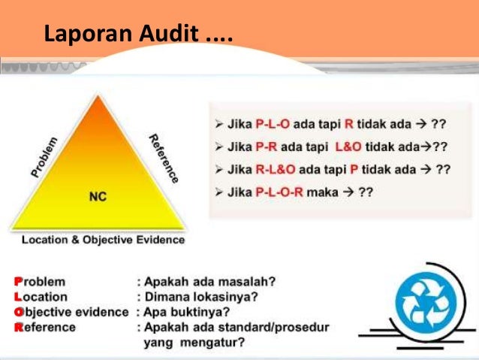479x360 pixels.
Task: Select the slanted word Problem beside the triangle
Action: point(45,156)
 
